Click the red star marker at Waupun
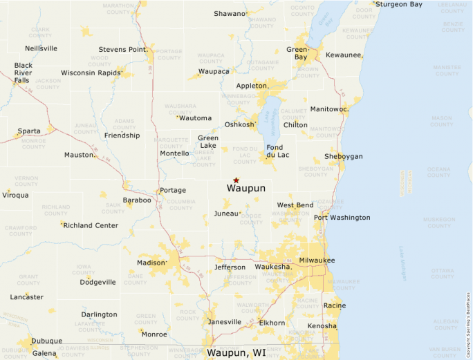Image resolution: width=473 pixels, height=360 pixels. pos(236,180)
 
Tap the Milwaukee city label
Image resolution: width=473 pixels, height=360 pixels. pos(317,260)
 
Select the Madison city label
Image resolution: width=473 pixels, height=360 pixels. pos(151,263)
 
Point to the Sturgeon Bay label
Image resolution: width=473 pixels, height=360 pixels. pos(398,4)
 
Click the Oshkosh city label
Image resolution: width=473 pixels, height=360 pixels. pos(240,125)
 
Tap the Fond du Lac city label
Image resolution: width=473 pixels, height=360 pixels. pos(275,152)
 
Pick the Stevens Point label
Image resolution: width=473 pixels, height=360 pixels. pos(122,50)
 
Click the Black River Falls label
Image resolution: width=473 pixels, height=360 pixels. pos(24,73)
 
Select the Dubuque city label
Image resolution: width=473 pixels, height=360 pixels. pos(47,341)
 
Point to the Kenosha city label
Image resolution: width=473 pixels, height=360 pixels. pos(322,326)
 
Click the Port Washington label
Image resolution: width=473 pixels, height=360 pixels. pos(342,218)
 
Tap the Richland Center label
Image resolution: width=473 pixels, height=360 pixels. pos(91,225)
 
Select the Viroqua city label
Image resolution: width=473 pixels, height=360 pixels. pos(15,195)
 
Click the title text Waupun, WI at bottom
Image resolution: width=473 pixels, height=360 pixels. pos(236,353)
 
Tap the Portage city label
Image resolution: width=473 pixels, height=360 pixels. pos(173,190)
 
